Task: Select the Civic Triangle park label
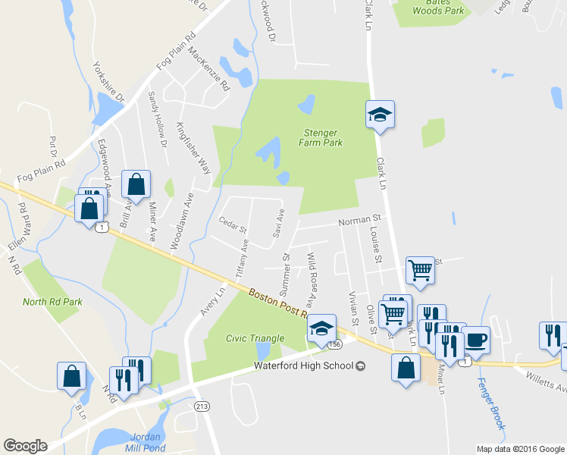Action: click(x=254, y=338)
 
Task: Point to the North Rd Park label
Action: click(x=52, y=302)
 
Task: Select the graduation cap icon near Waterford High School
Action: click(x=322, y=328)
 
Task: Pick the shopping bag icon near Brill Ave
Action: click(x=136, y=184)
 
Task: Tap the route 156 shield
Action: click(x=335, y=344)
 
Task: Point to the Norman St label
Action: click(x=358, y=221)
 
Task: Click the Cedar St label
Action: click(x=233, y=226)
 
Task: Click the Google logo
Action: click(x=25, y=446)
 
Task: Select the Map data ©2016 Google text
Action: click(x=520, y=449)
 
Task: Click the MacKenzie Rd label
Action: click(x=208, y=69)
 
